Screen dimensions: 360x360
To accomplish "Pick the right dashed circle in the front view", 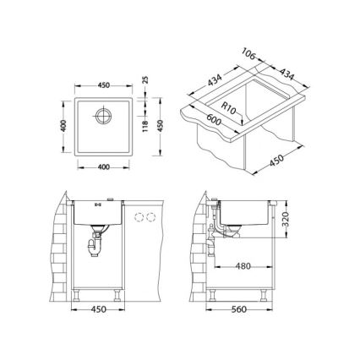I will pyautogui.click(x=152, y=218).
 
